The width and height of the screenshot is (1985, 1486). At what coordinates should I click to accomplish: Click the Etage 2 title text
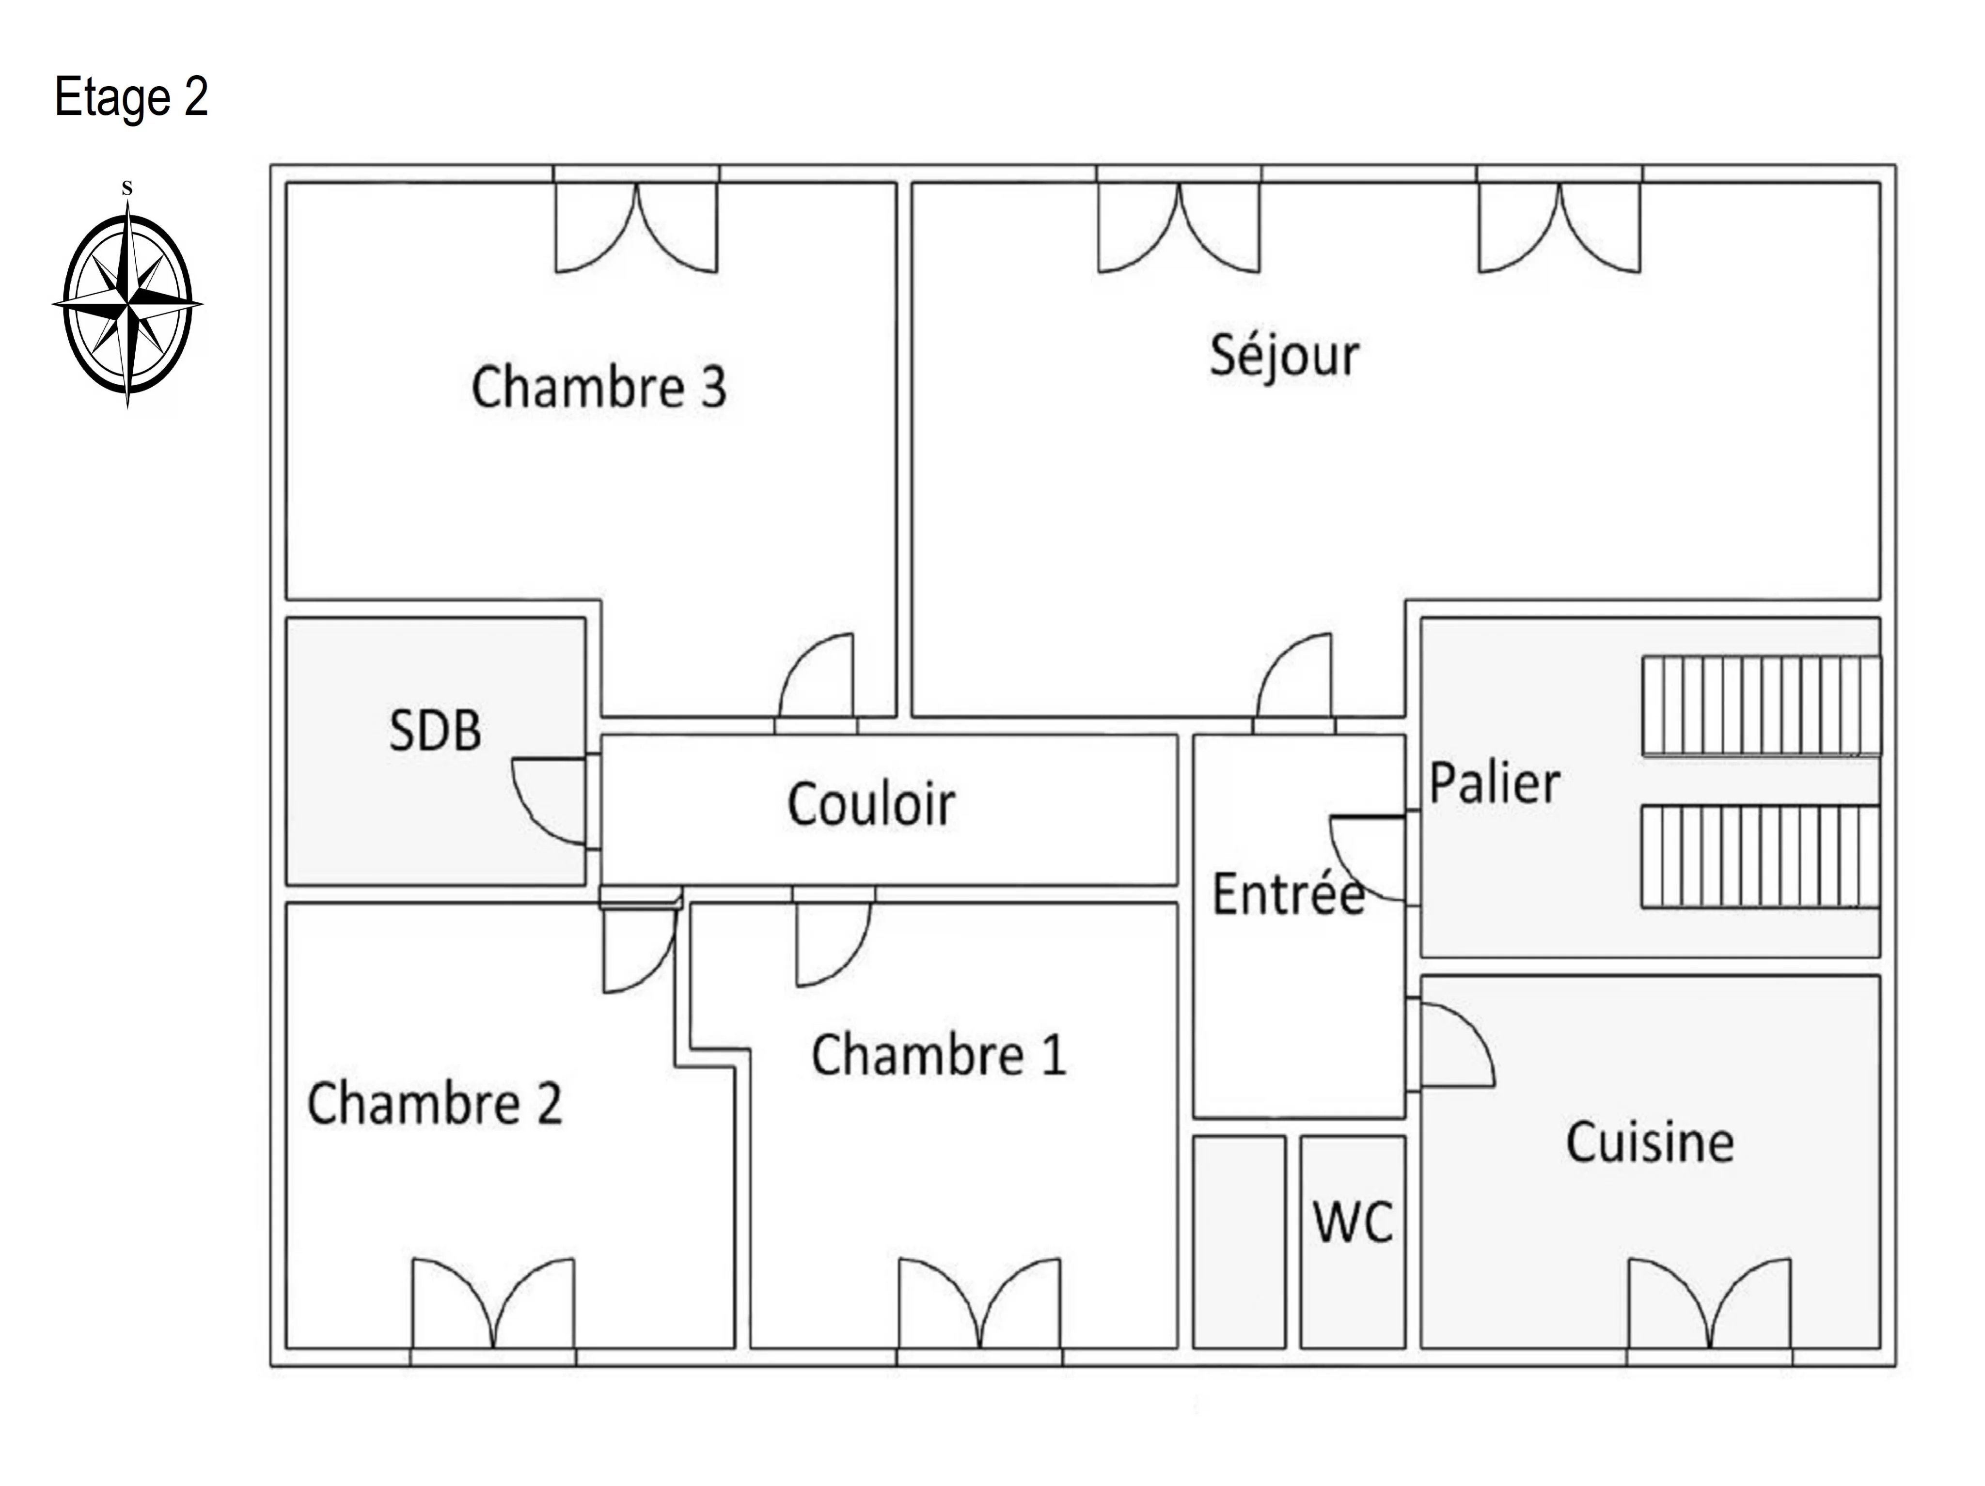click(x=131, y=97)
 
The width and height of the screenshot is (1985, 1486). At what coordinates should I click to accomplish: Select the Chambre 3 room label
click(x=599, y=388)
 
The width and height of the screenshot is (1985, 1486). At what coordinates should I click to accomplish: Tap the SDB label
click(x=435, y=731)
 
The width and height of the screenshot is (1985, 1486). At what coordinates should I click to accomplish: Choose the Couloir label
click(x=870, y=804)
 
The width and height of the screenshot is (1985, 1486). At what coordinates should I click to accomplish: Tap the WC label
click(x=1353, y=1222)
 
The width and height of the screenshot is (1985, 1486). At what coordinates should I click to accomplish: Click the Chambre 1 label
click(x=939, y=1055)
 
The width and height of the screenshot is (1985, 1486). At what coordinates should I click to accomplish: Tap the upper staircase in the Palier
click(x=1761, y=705)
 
